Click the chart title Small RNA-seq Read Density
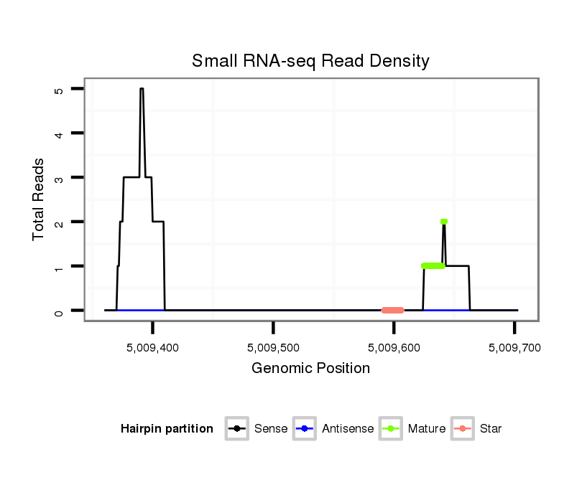[x=310, y=61]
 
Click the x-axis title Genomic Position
[x=310, y=369]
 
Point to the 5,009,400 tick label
[x=153, y=347]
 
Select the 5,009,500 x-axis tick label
[x=274, y=347]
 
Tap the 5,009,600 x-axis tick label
[x=394, y=347]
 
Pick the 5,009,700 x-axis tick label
[x=514, y=347]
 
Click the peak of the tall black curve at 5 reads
[x=142, y=89]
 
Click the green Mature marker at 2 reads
[x=444, y=222]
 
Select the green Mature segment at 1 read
[x=433, y=266]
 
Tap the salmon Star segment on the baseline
[x=392, y=311]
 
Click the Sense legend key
[x=236, y=429]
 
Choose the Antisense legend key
[x=304, y=429]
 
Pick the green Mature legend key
[x=390, y=429]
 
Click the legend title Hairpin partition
[x=167, y=429]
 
